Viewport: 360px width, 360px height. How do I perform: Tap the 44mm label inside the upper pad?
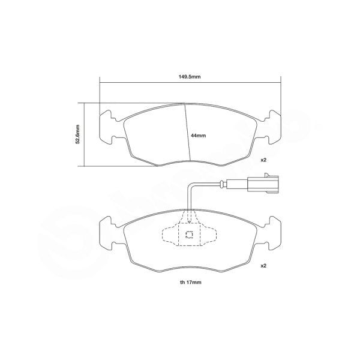coord(198,136)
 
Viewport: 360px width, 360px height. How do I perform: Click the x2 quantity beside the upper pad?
coord(263,160)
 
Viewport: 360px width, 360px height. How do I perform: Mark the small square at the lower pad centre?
coord(189,235)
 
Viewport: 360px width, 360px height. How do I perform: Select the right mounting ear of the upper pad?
coord(271,127)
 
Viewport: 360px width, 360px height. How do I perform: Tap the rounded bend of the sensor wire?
coord(190,185)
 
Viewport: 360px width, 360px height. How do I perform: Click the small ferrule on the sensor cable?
coord(223,184)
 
